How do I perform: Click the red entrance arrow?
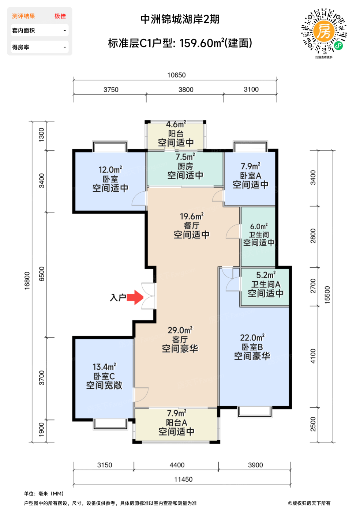[135, 297]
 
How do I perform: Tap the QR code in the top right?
[324, 31]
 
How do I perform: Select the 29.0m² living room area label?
[180, 330]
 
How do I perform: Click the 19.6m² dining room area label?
[191, 217]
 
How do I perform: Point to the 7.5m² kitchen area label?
[185, 157]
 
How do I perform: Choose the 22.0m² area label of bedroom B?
[252, 338]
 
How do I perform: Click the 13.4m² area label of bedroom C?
[104, 366]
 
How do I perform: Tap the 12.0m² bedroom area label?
[110, 170]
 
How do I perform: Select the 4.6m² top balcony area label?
[176, 125]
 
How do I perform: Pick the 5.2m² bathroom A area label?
[266, 275]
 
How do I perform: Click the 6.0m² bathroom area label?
[259, 226]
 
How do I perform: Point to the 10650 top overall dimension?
[176, 75]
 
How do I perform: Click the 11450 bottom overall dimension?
[183, 479]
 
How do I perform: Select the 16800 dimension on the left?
[27, 281]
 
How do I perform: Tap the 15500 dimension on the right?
[327, 295]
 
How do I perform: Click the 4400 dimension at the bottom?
[177, 465]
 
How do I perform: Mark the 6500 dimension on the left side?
[42, 274]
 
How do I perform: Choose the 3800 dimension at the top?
[186, 90]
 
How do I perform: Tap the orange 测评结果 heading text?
[23, 16]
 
